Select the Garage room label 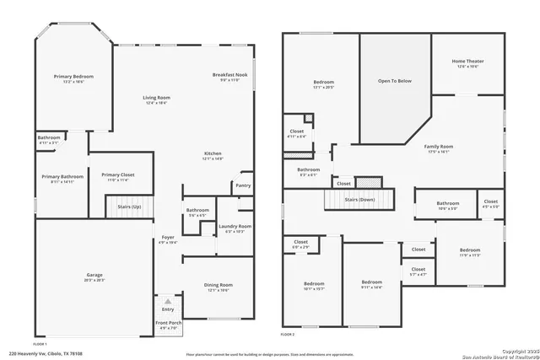(x=94, y=275)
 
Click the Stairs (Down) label (x=359, y=200)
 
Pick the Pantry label (x=243, y=185)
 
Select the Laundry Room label (x=235, y=226)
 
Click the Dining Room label (x=218, y=286)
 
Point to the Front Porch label (x=168, y=324)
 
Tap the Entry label (x=168, y=309)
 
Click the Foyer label (x=168, y=238)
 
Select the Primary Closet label (x=117, y=175)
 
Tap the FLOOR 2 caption (x=289, y=335)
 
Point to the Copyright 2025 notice (x=513, y=348)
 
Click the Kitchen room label (x=213, y=154)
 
